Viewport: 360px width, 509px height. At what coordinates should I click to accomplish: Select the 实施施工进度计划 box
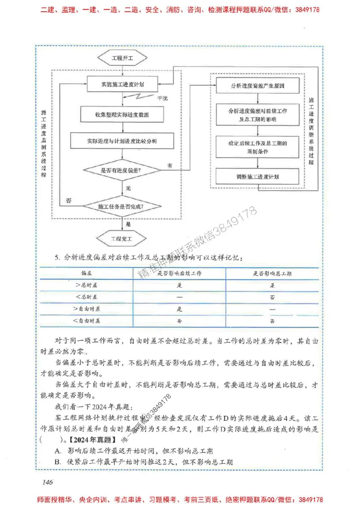[x=122, y=84]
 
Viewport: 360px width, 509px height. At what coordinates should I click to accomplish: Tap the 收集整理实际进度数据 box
[x=122, y=115]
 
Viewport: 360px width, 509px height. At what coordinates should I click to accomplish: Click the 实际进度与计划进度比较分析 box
[x=122, y=141]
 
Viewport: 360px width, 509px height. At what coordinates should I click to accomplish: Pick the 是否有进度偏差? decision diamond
[x=122, y=170]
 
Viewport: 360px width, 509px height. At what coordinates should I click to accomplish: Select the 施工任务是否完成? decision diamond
[x=122, y=206]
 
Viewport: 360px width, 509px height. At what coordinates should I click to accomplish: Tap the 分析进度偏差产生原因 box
[x=257, y=85]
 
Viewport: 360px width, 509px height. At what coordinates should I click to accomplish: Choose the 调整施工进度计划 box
[x=257, y=177]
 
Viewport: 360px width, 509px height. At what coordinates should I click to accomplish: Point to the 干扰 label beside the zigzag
[x=162, y=98]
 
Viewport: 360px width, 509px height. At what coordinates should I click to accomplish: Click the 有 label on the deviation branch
[x=170, y=165]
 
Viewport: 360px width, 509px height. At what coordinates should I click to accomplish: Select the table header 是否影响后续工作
[x=179, y=273]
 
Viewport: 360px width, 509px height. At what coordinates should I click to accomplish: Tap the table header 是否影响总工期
[x=272, y=273]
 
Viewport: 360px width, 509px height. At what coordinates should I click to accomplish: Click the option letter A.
[x=58, y=451]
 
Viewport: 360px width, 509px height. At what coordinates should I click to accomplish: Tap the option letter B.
[x=58, y=462]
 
